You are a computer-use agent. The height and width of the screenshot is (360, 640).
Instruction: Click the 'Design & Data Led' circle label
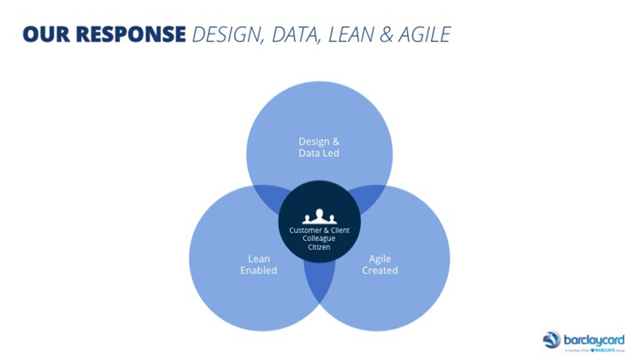pyautogui.click(x=319, y=147)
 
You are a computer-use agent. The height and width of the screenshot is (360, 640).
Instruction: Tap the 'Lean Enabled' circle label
pyautogui.click(x=258, y=264)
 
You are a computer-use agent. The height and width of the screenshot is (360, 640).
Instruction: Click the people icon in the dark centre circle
pyautogui.click(x=319, y=216)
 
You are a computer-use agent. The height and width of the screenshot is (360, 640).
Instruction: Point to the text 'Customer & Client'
pyautogui.click(x=319, y=230)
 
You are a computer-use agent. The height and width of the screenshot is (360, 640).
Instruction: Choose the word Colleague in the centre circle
pyautogui.click(x=319, y=239)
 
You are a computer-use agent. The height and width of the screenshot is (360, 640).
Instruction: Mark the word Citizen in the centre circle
pyautogui.click(x=319, y=248)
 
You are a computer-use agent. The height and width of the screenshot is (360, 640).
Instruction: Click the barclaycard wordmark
pyautogui.click(x=594, y=338)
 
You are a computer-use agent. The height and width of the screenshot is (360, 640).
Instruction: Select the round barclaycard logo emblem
pyautogui.click(x=552, y=340)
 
